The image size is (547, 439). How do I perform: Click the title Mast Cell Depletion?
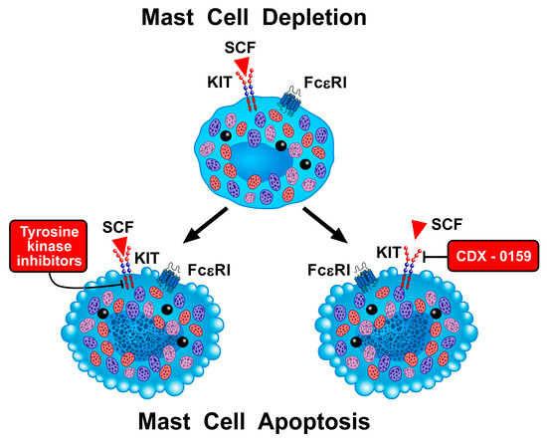pyautogui.click(x=273, y=17)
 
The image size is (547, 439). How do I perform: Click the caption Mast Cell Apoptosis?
pyautogui.click(x=273, y=420)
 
